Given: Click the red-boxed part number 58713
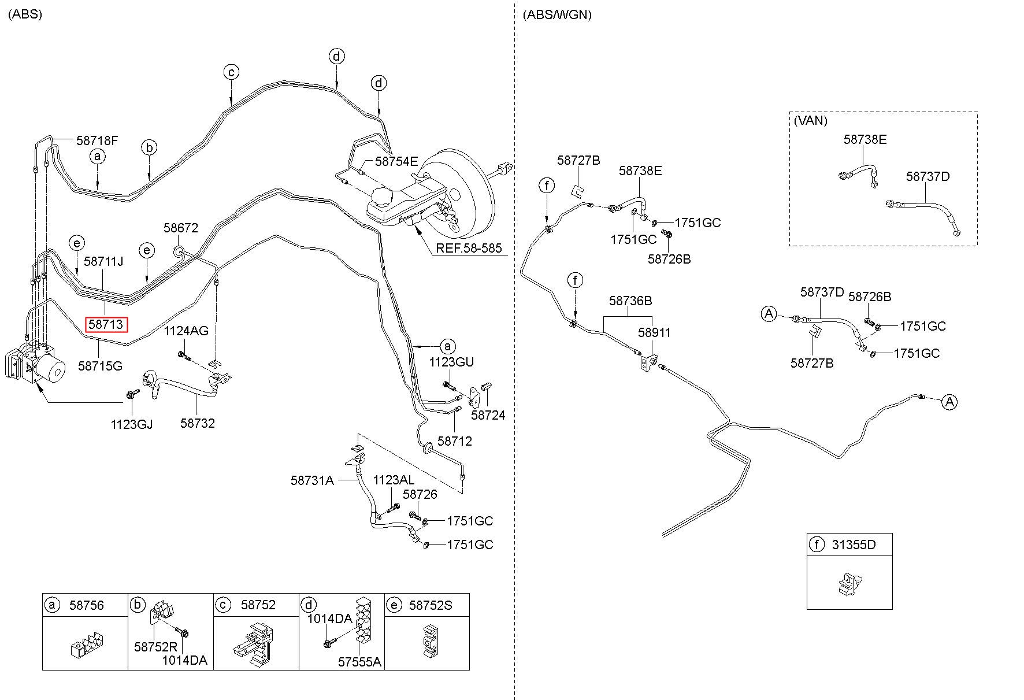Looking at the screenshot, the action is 106,325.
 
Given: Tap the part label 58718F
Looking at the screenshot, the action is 97,140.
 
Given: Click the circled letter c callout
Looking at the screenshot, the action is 231,72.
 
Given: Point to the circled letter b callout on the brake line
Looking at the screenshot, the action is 149,148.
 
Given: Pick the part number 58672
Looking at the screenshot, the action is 181,228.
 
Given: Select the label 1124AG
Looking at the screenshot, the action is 186,331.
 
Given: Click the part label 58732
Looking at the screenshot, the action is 198,423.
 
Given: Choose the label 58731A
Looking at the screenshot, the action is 312,480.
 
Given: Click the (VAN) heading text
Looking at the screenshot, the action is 810,121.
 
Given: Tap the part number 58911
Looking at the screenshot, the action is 654,332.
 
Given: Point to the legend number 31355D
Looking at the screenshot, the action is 854,545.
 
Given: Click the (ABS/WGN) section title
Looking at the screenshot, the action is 557,15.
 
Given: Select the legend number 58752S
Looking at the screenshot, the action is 431,605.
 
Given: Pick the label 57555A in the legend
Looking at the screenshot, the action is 359,662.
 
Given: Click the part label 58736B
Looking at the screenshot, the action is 630,301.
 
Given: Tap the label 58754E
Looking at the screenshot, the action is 396,161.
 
